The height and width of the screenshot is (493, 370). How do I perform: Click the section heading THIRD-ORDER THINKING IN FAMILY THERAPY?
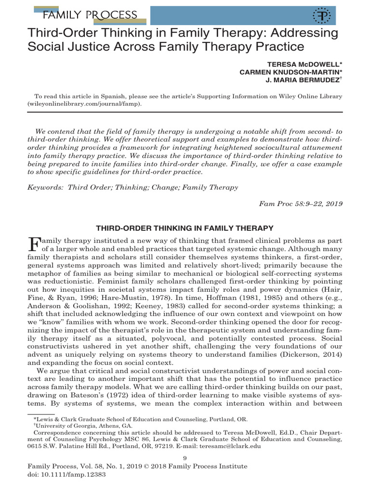coord(185,227)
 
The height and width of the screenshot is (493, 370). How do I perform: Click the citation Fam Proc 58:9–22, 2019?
coord(301,203)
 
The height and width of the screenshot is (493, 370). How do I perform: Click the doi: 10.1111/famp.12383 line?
coord(67,474)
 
